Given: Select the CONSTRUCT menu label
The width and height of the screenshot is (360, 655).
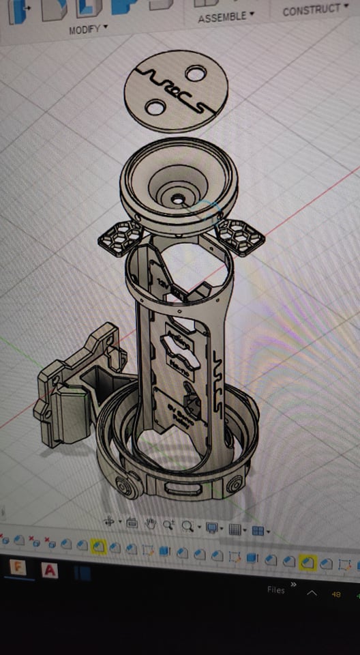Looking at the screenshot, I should click(x=312, y=10).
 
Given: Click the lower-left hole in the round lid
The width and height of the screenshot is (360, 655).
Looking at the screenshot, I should click(x=155, y=106).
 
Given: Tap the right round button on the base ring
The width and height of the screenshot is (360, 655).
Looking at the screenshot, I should click(x=234, y=484).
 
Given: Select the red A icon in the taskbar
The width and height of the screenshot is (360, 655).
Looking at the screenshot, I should click(x=50, y=570).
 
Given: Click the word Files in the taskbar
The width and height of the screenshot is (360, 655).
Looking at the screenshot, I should click(x=276, y=590).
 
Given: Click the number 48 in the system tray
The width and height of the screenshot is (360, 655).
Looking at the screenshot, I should click(x=335, y=594).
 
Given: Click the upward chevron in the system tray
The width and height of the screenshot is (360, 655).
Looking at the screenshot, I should click(x=312, y=594).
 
